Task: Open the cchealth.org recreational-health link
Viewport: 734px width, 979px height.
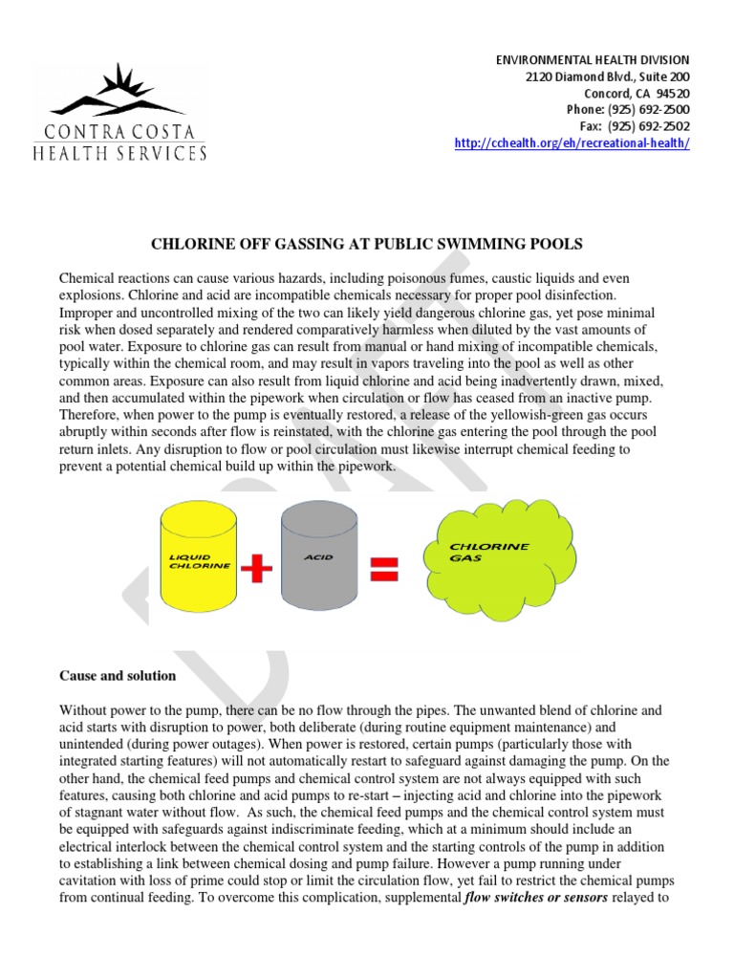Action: click(x=571, y=143)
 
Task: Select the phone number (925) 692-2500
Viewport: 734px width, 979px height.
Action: click(x=628, y=110)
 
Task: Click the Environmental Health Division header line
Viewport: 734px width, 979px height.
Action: click(x=593, y=60)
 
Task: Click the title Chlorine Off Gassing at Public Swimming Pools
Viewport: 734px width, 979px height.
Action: click(x=366, y=245)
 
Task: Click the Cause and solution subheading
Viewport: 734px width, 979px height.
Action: click(x=118, y=676)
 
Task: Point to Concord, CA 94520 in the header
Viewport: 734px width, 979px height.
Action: click(x=642, y=94)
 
